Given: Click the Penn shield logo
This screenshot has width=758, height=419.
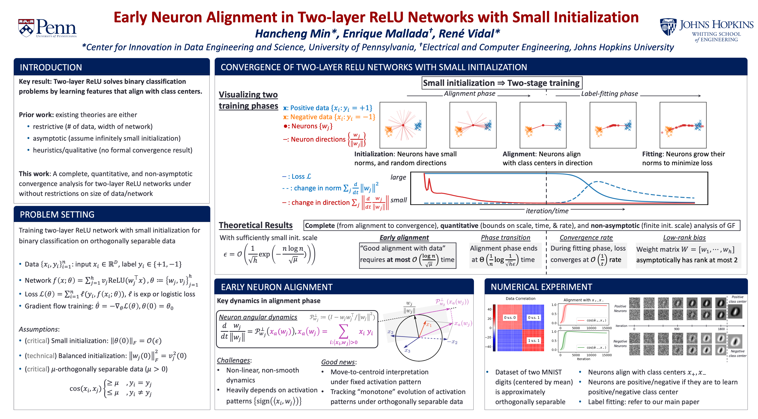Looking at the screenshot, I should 26,28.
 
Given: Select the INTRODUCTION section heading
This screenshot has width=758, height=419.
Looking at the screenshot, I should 51,67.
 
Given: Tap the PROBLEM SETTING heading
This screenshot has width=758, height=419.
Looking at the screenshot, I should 57,214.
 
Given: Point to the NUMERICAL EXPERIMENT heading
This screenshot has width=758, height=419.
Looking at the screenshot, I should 541,287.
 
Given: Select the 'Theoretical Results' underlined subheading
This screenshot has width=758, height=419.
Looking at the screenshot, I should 255,225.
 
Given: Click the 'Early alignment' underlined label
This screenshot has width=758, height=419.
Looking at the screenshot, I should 404,237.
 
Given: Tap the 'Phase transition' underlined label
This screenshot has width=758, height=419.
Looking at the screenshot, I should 505,237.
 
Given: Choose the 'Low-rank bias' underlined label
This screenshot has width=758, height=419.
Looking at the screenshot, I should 684,237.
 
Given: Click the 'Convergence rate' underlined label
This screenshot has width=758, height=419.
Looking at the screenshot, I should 586,237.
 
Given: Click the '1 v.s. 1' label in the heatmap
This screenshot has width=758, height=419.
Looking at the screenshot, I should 533,340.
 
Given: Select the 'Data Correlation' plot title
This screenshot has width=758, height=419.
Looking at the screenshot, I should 520,298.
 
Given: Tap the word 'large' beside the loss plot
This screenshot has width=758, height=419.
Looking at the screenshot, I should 398,177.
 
